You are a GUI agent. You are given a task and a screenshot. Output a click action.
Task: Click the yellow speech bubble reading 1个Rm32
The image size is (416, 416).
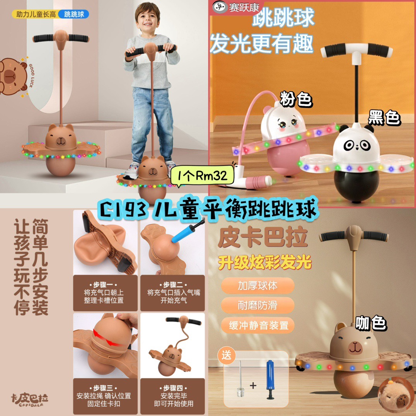tap(203, 176)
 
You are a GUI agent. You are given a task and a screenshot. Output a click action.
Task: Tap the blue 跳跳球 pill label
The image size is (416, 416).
tap(73, 14)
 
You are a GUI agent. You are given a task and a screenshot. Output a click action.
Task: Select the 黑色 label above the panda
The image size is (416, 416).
tap(384, 118)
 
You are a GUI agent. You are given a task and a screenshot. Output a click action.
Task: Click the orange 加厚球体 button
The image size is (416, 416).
tap(257, 285)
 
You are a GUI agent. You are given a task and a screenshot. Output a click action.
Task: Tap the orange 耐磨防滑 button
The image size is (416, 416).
tap(257, 305)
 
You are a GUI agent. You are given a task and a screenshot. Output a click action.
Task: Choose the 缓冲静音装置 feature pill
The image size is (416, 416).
tap(258, 325)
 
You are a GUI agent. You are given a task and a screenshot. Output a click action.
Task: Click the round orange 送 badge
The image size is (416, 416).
tap(226, 355)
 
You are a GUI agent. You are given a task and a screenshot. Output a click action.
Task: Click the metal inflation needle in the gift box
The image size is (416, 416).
tap(240, 379)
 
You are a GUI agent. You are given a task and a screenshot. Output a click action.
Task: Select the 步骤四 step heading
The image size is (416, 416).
tap(174, 388)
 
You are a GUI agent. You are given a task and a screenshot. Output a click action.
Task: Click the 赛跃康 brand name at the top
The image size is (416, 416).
tap(244, 7)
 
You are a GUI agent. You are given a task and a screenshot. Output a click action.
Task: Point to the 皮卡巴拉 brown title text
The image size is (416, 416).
tap(263, 237)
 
